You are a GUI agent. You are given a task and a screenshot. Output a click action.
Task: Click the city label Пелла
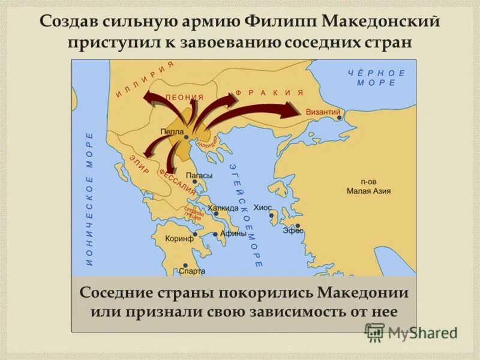[172, 131]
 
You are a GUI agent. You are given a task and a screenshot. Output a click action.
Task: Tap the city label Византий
[323, 112]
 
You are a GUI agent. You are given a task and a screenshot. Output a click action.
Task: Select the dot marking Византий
[339, 118]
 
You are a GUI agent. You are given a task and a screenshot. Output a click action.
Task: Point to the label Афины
[233, 234]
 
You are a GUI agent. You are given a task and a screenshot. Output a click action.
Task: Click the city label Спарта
[192, 271]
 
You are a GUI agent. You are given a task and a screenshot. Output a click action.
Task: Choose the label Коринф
[179, 238]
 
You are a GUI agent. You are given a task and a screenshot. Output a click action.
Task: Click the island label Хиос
[263, 207]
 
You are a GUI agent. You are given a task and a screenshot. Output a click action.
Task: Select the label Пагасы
[199, 175]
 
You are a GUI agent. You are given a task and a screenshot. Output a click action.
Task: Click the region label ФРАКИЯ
[269, 93]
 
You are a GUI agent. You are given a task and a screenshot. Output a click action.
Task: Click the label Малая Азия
[368, 191]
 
